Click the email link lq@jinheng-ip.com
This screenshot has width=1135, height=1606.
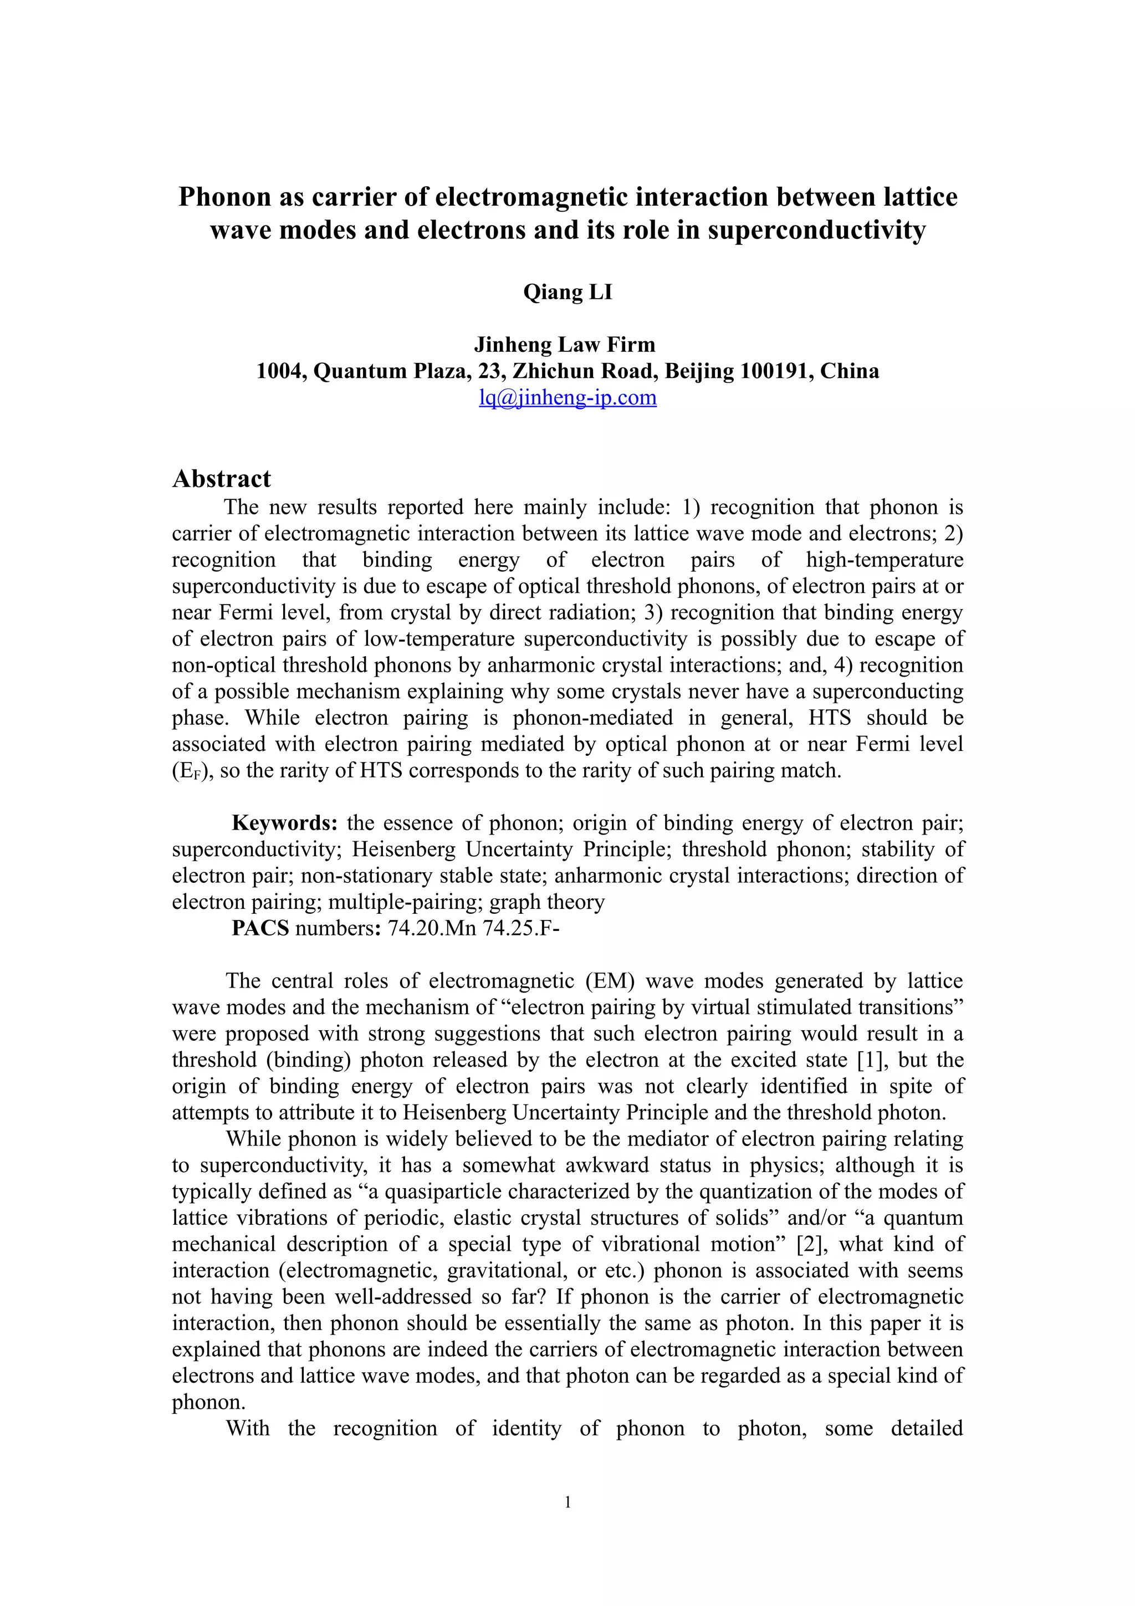(x=567, y=397)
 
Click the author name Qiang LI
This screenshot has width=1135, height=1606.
(x=567, y=291)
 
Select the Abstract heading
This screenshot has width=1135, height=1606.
(x=221, y=479)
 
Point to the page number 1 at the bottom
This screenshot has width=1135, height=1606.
(x=567, y=1501)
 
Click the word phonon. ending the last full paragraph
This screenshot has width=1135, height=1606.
(x=208, y=1402)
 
